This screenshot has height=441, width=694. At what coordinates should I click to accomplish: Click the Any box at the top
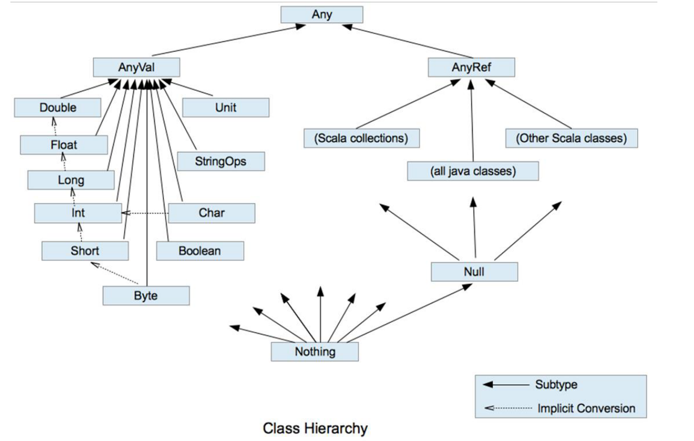[321, 15]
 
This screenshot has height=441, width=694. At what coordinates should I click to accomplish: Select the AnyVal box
[136, 68]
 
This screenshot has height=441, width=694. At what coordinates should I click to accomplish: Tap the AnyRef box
[471, 68]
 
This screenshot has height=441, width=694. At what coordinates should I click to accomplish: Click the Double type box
[58, 108]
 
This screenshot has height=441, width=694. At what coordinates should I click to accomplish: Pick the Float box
[64, 145]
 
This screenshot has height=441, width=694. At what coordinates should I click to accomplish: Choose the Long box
[71, 180]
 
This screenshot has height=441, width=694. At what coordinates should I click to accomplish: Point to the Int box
[78, 213]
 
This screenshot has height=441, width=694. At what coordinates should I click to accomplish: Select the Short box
[85, 251]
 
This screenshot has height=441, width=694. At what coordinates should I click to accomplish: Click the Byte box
[146, 296]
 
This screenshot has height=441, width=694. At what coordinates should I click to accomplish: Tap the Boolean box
[199, 251]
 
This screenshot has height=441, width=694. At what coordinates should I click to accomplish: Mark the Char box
[211, 213]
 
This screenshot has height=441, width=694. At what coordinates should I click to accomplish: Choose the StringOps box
[220, 161]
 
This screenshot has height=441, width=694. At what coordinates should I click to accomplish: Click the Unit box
[225, 108]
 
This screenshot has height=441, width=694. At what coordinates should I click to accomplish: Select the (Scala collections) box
[361, 138]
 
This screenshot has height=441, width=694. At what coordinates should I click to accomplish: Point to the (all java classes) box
[473, 171]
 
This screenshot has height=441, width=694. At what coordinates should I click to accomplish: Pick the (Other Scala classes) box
[571, 138]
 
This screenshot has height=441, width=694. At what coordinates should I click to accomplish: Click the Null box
[474, 271]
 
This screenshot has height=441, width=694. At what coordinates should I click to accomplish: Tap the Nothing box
[315, 352]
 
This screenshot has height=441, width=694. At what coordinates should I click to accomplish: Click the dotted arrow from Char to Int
[145, 213]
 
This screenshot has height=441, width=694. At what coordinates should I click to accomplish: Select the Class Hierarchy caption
[315, 428]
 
